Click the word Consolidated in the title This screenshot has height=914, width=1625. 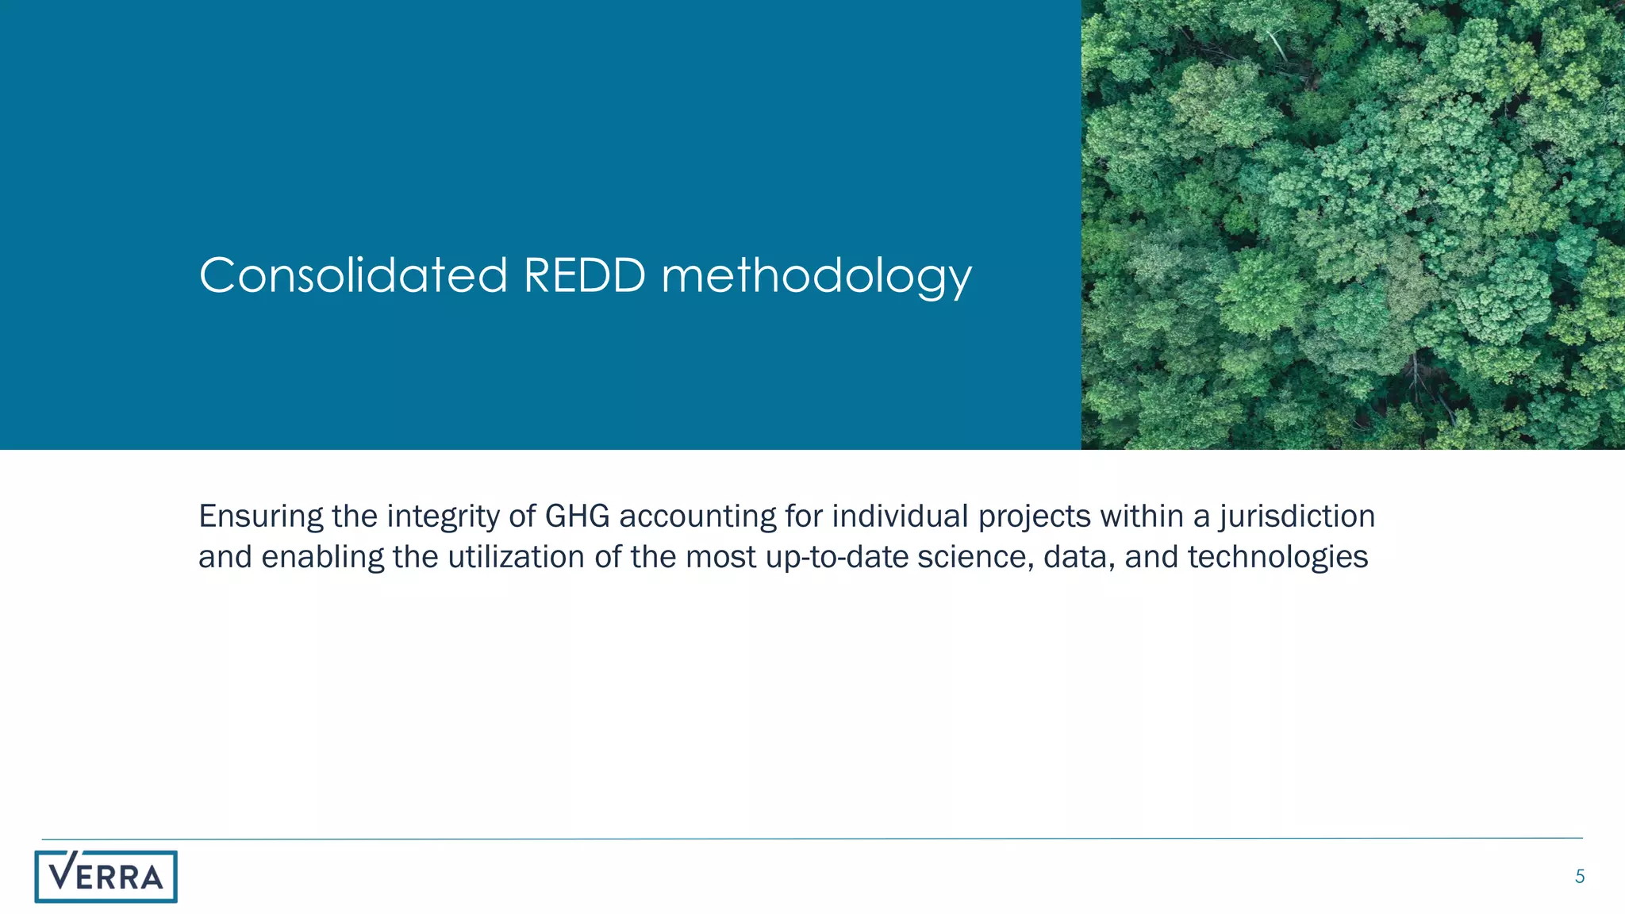[352, 275]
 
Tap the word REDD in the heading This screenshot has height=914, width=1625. [584, 275]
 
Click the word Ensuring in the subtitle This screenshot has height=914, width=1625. [260, 517]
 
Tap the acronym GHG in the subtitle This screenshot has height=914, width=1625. [577, 517]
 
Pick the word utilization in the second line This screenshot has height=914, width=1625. [517, 557]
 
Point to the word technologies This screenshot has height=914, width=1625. [1277, 558]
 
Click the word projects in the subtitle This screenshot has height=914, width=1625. [1034, 517]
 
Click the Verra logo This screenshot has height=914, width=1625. [106, 877]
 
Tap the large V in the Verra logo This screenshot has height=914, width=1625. [63, 872]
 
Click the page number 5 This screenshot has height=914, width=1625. [1579, 877]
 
